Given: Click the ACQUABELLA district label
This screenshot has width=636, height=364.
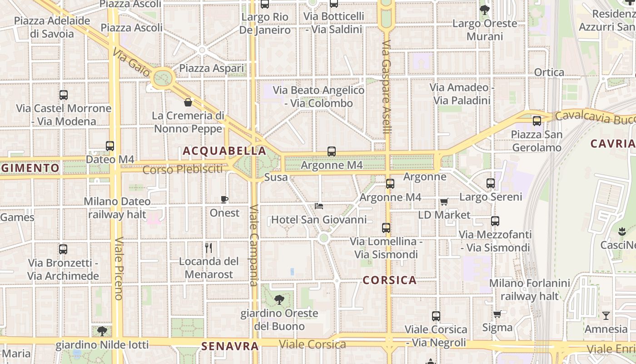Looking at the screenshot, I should pyautogui.click(x=224, y=151).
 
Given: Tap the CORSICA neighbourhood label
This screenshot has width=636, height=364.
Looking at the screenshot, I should pyautogui.click(x=390, y=280).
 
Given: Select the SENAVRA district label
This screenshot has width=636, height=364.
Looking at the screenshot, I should pyautogui.click(x=230, y=346).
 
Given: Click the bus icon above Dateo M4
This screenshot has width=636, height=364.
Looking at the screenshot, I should pyautogui.click(x=110, y=146).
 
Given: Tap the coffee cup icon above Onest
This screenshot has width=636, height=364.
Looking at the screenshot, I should pyautogui.click(x=224, y=199).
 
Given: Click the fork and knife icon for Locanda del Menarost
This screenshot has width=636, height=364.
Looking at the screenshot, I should pyautogui.click(x=209, y=248).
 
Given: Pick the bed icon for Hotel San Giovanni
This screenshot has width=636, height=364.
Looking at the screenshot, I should pyautogui.click(x=319, y=206).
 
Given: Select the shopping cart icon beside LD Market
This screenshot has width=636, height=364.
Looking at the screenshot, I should pyautogui.click(x=444, y=202).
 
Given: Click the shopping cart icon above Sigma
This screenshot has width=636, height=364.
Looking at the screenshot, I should pyautogui.click(x=497, y=314).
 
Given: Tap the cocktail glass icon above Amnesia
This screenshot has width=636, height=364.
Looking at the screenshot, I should pyautogui.click(x=606, y=315).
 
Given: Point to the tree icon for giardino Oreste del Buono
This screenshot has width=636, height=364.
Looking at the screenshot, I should pyautogui.click(x=279, y=300).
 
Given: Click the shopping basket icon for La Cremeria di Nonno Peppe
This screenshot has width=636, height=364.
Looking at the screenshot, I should pyautogui.click(x=188, y=102).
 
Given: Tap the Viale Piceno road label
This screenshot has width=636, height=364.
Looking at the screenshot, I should pyautogui.click(x=119, y=268).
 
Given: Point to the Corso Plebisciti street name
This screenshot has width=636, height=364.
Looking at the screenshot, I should pyautogui.click(x=183, y=170).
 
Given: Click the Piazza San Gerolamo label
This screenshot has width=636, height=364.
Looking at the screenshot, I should pyautogui.click(x=537, y=141).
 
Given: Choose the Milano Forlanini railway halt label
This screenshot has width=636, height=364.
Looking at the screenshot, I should pyautogui.click(x=529, y=289).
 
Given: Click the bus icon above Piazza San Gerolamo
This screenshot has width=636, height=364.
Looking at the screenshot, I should pyautogui.click(x=537, y=121).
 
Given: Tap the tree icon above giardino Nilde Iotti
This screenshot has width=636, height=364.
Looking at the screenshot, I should pyautogui.click(x=102, y=331).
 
